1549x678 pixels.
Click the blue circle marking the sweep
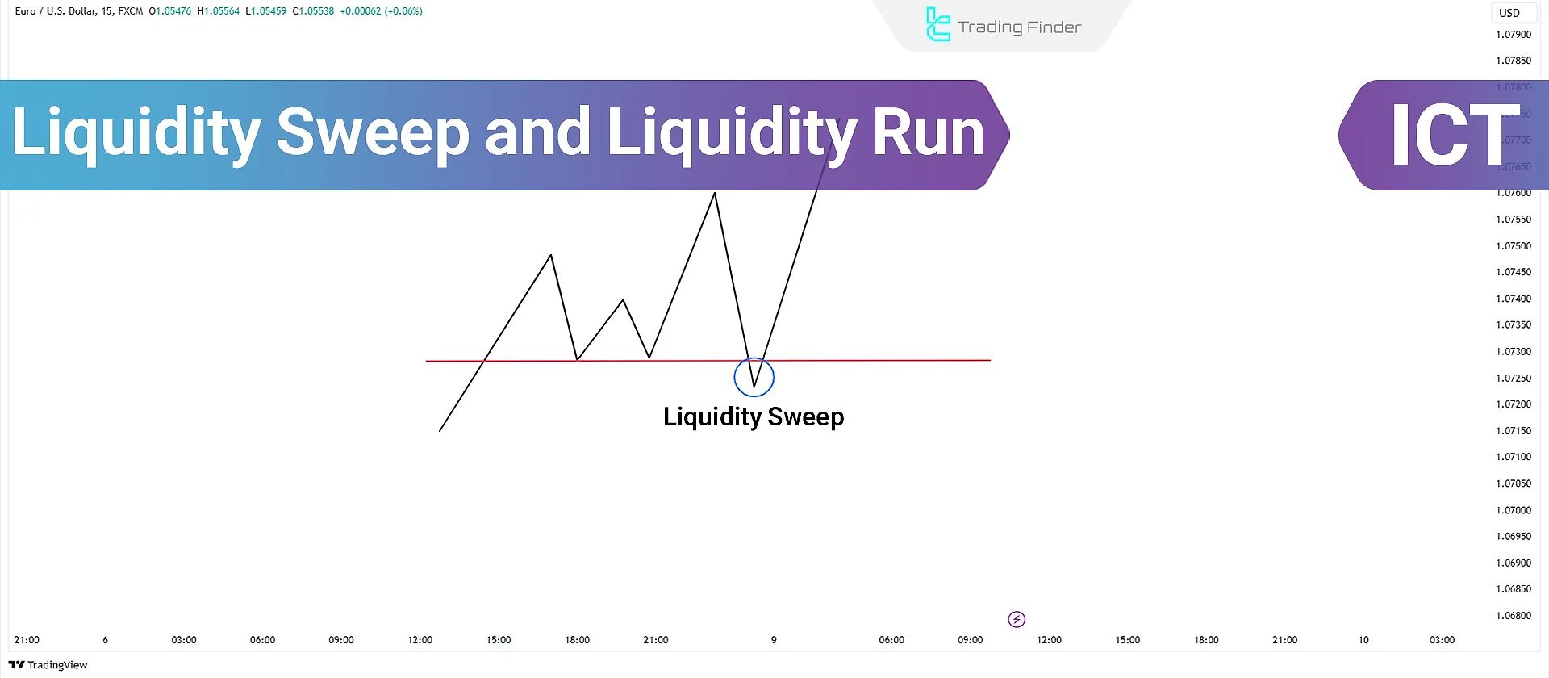754,376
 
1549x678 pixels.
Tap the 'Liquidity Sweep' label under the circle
754,416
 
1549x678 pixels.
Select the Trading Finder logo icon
937,25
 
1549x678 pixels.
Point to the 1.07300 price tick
1513,352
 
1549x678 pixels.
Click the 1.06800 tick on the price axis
1513,616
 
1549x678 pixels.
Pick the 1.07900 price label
1513,35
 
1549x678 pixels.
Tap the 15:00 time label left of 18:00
499,640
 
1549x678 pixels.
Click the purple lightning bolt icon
1017,619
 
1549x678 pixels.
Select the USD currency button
1509,13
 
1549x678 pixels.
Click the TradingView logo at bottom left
48,665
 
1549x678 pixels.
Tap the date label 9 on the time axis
774,640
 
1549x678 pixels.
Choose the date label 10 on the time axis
1363,640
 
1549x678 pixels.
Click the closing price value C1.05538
313,11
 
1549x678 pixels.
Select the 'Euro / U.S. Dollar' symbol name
56,11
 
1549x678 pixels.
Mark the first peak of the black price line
551,256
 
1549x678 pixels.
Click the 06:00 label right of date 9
891,640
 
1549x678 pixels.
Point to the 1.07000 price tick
1513,510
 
